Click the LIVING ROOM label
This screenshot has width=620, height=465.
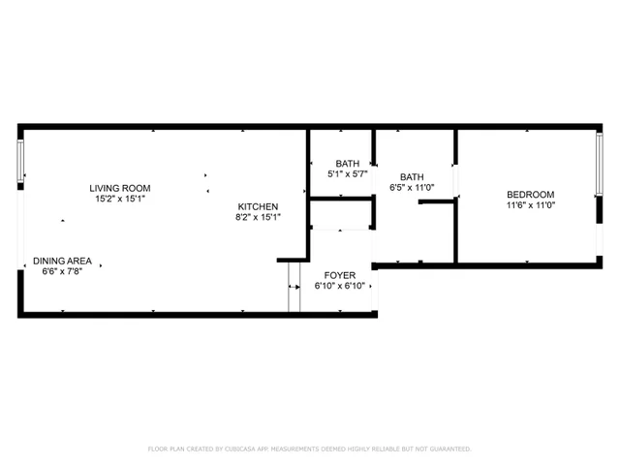[120, 188]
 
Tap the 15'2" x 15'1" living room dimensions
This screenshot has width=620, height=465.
[120, 199]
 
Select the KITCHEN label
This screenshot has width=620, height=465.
[259, 206]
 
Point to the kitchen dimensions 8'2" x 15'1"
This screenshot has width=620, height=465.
[259, 217]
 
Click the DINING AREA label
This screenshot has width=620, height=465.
[62, 261]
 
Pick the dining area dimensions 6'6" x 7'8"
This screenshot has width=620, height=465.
[62, 271]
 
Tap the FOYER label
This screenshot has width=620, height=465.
[340, 276]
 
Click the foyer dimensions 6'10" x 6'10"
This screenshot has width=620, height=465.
[340, 287]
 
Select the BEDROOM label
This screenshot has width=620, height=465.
[530, 194]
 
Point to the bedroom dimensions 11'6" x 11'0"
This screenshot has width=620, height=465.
[530, 204]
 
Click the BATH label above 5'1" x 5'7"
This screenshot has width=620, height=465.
[348, 163]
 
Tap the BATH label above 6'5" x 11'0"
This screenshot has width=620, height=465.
[412, 176]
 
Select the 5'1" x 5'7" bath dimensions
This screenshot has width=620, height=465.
[348, 173]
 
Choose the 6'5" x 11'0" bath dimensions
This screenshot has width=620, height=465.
[412, 187]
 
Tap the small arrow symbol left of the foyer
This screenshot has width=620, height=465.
[293, 288]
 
